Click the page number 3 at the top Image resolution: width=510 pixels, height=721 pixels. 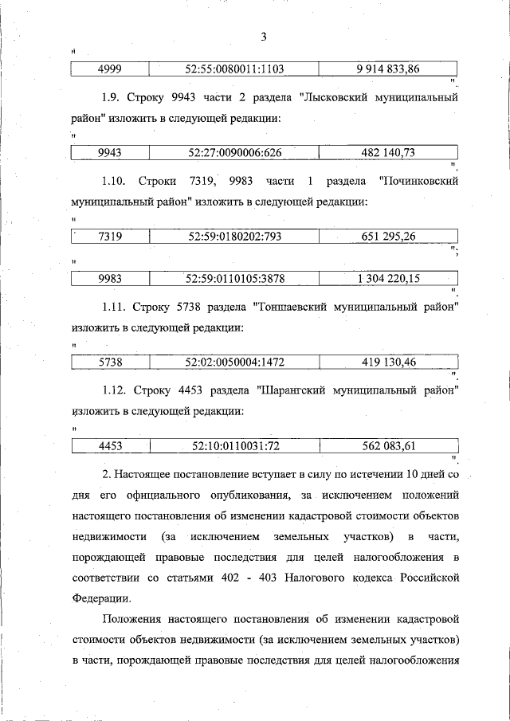click(x=264, y=36)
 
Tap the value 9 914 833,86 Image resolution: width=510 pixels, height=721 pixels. click(x=388, y=69)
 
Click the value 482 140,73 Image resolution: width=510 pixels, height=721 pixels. click(x=388, y=152)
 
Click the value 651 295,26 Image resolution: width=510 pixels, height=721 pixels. click(x=388, y=236)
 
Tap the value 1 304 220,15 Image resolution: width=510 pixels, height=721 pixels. click(x=388, y=278)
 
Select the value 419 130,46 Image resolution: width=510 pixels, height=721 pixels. click(x=388, y=362)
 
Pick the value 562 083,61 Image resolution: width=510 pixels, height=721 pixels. click(x=388, y=446)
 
